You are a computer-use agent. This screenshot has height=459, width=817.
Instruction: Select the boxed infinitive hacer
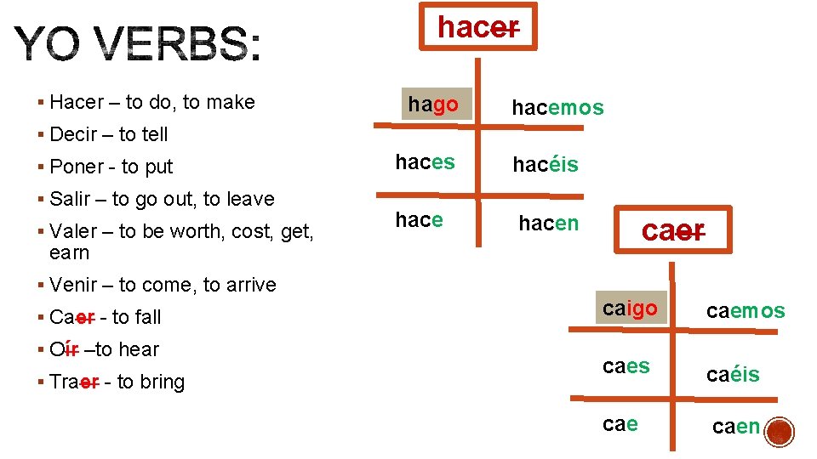[x=477, y=27]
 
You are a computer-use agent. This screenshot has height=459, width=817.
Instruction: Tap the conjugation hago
[x=433, y=105]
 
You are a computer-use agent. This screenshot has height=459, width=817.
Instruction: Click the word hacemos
[x=557, y=107]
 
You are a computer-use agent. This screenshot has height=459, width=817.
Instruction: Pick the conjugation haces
[x=425, y=162]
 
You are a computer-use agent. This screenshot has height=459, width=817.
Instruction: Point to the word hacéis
[x=545, y=164]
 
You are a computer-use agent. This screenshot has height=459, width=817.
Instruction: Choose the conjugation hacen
[x=549, y=223]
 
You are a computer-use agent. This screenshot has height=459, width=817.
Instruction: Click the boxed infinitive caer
[x=673, y=230]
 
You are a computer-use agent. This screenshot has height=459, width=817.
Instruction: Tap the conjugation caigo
[x=630, y=309]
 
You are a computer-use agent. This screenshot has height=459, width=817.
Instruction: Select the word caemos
[x=746, y=311]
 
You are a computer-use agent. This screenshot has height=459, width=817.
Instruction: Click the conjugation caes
[x=626, y=366]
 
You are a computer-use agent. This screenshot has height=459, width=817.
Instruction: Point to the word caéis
[x=733, y=374]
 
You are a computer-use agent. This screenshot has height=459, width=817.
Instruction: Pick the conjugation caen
[x=736, y=427]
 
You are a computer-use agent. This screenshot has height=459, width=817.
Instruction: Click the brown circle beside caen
[x=780, y=433]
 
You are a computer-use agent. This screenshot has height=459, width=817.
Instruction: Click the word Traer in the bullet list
[x=70, y=382]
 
